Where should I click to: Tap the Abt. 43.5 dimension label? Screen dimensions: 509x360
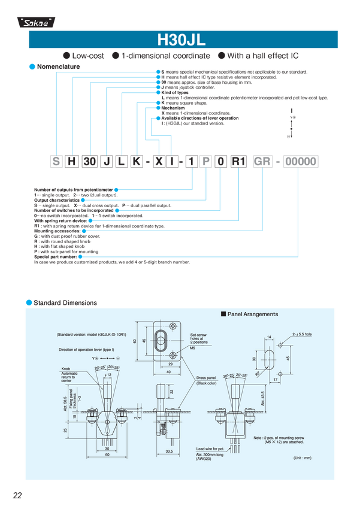262,399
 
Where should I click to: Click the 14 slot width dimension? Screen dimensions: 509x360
270,338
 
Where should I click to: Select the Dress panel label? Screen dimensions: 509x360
207,378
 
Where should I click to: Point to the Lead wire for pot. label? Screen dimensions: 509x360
210,448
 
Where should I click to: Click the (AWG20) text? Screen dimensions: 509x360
205,459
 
